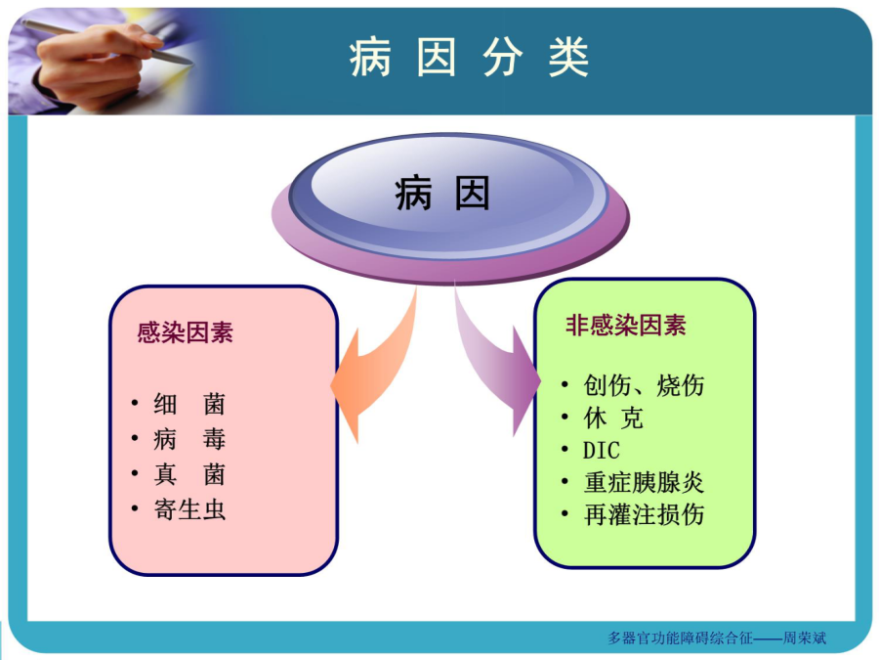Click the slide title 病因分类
469,58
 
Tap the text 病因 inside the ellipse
442,193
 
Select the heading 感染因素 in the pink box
185,332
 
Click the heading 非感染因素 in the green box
626,326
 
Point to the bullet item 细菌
189,404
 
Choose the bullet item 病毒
189,439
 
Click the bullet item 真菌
189,475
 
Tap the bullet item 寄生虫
189,509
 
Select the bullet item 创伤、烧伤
644,385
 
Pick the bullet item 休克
613,418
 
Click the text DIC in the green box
602,450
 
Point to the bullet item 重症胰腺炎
644,483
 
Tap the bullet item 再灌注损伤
644,514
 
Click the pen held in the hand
106,42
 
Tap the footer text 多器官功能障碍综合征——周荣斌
717,638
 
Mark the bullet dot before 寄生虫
135,509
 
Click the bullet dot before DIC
565,450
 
